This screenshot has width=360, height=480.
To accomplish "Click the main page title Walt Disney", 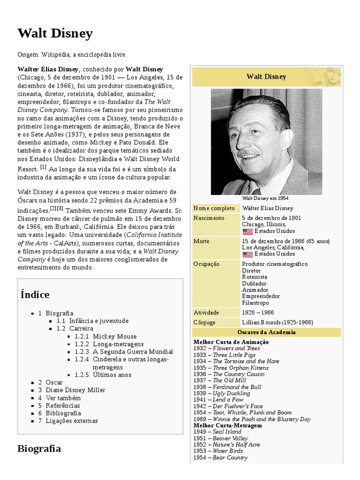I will [x=55, y=33].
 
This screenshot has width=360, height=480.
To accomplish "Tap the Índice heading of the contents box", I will [x=35, y=294].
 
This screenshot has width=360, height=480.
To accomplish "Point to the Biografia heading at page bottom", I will [x=39, y=449].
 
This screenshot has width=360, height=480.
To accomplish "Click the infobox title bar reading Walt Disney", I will [x=266, y=76].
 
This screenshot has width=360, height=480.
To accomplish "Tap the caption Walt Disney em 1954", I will [x=266, y=198].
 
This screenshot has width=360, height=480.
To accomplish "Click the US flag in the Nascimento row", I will [x=247, y=231].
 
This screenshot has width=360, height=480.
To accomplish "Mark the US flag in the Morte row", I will [x=247, y=254].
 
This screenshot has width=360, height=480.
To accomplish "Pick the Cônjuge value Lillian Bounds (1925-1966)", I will [x=277, y=322].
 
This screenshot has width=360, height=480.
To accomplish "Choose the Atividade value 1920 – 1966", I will [x=258, y=312].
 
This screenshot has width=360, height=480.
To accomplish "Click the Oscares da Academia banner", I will [x=266, y=332].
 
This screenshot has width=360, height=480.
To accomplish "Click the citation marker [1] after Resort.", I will [x=43, y=167].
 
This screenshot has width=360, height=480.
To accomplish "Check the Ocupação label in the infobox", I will [x=206, y=264].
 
